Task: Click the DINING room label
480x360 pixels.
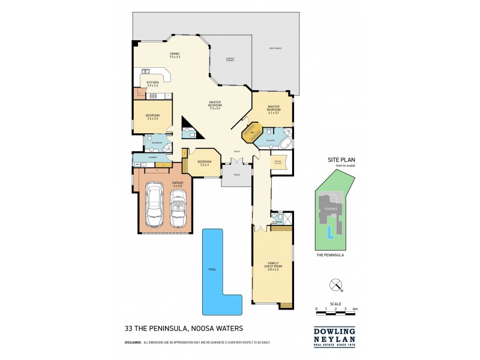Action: point(175,55)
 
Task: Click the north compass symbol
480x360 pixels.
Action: point(335,285)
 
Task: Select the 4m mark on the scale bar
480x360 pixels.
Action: point(355,308)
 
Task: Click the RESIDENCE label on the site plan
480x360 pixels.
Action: point(331,208)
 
